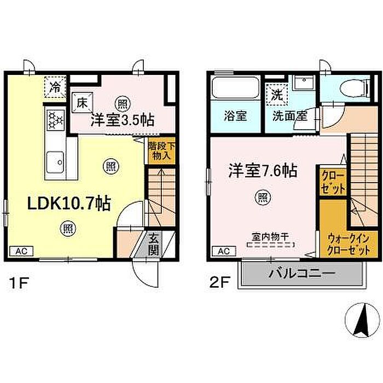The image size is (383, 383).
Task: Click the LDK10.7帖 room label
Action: pyautogui.click(x=69, y=203)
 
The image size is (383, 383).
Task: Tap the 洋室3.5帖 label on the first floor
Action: pyautogui.click(x=123, y=120)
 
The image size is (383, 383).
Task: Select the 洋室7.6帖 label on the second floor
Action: pyautogui.click(x=263, y=171)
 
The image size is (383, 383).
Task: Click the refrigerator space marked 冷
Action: pyautogui.click(x=55, y=87)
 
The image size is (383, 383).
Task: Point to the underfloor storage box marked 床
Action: pyautogui.click(x=82, y=103)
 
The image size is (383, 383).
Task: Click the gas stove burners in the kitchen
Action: pyautogui.click(x=56, y=119)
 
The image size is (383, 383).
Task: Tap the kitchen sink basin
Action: pyautogui.click(x=55, y=162)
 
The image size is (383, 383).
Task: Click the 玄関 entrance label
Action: pyautogui.click(x=153, y=243)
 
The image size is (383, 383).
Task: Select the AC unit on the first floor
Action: pyautogui.click(x=21, y=251)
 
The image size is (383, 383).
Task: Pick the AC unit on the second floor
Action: pyautogui.click(x=224, y=251)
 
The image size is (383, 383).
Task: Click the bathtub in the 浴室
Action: pyautogui.click(x=235, y=88)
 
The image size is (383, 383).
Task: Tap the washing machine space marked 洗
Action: pyautogui.click(x=277, y=95)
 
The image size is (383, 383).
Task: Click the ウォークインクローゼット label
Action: pyautogui.click(x=349, y=244)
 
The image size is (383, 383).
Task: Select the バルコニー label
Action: pyautogui.click(x=302, y=274)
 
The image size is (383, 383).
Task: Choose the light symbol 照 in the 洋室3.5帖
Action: pyautogui.click(x=123, y=104)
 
